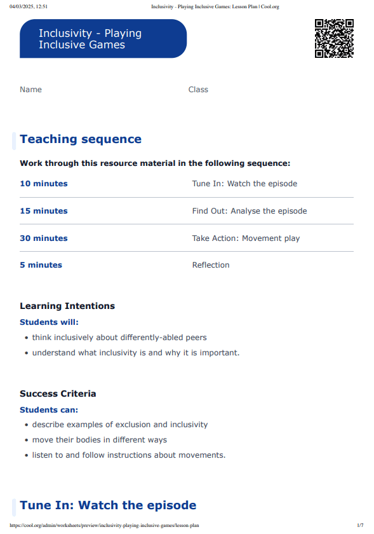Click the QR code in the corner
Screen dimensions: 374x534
point(334,38)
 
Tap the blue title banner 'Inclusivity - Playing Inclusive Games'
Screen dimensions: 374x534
point(103,39)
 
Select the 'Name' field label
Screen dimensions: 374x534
point(30,90)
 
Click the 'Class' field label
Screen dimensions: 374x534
point(198,90)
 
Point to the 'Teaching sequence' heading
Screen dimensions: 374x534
point(81,139)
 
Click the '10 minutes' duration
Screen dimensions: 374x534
point(43,184)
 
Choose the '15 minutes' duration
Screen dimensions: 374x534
point(43,211)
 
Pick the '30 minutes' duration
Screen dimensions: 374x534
point(43,238)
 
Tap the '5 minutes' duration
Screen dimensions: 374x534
point(41,265)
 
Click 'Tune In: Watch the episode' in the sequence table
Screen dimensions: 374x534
point(244,184)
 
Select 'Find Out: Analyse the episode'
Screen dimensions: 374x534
point(249,211)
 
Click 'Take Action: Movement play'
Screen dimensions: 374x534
point(246,238)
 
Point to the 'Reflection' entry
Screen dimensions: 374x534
point(211,265)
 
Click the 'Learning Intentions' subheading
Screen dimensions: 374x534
point(67,306)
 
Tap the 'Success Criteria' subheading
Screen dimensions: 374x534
point(58,394)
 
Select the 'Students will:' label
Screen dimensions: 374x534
point(49,322)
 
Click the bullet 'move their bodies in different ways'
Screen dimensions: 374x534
point(100,440)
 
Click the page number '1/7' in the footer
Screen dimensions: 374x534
point(360,526)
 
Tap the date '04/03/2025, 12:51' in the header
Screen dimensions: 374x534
point(29,7)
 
